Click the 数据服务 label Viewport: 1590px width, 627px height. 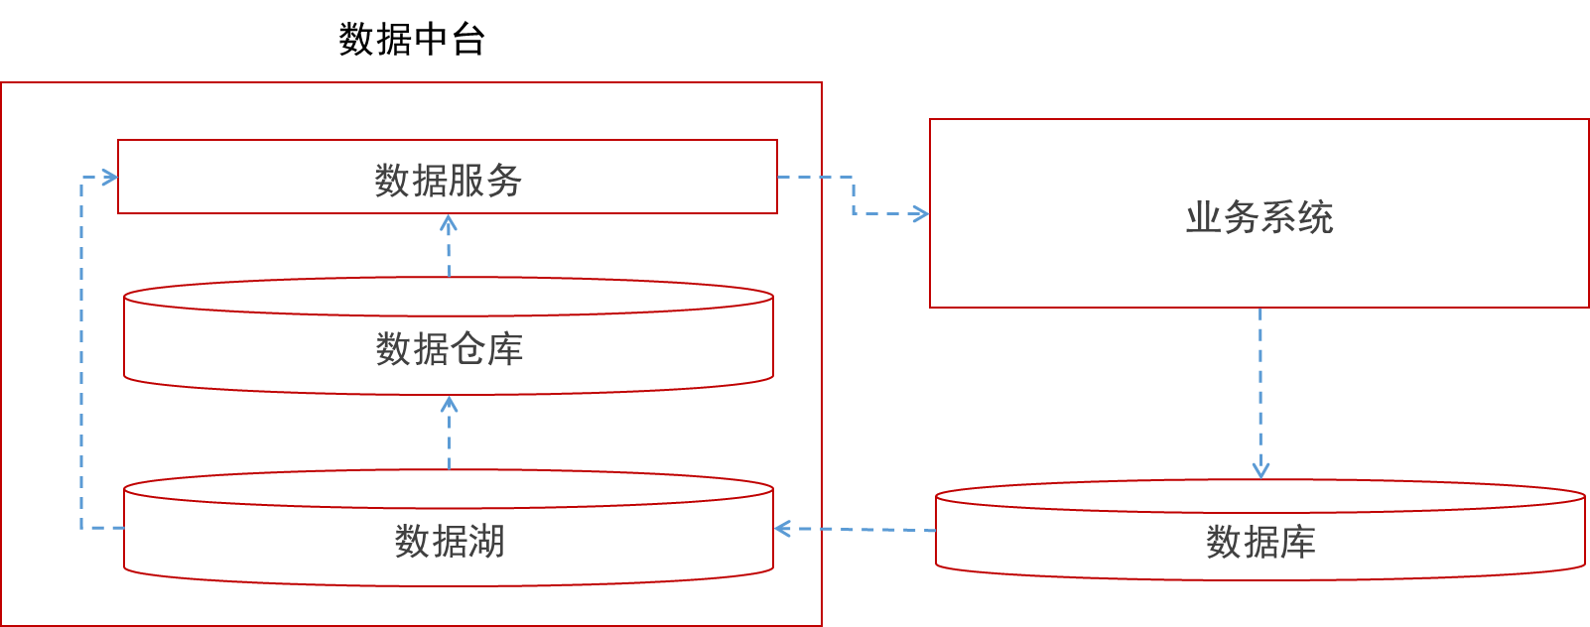click(448, 181)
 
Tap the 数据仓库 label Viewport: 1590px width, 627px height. click(449, 349)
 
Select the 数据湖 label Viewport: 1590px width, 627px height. click(449, 542)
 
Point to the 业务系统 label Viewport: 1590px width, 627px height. click(1259, 217)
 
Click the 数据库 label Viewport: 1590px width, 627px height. click(1259, 542)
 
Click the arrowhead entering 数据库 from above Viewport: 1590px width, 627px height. click(1260, 470)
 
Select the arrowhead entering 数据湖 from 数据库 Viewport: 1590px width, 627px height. click(782, 529)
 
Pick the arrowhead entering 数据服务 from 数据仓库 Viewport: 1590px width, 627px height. click(449, 223)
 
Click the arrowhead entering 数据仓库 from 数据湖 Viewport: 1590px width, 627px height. click(449, 404)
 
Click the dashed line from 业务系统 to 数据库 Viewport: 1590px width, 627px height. click(1260, 387)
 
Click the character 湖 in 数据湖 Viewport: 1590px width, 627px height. click(486, 542)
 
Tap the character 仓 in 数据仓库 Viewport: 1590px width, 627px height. click(467, 349)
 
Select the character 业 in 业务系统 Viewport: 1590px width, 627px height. click(1203, 217)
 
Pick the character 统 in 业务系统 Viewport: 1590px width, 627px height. click(1315, 217)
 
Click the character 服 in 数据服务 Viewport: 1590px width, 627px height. click(466, 181)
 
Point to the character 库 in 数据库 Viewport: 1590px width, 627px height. click(1296, 542)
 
